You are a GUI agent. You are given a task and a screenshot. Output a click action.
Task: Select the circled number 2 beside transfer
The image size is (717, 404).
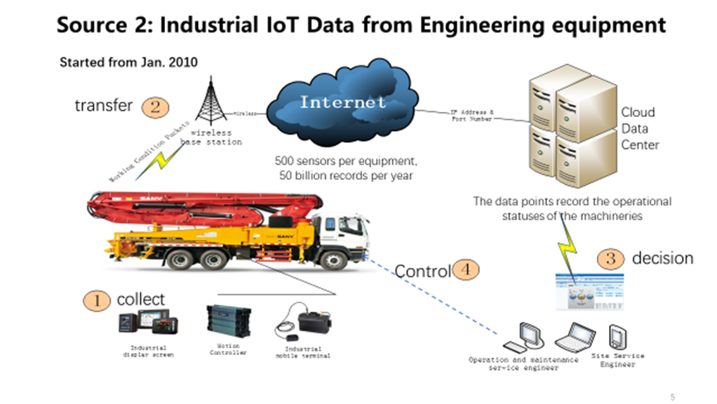tap(155, 107)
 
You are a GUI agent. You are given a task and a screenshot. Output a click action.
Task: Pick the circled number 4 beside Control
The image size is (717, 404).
tap(468, 270)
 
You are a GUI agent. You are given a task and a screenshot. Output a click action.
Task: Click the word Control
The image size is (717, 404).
tap(423, 271)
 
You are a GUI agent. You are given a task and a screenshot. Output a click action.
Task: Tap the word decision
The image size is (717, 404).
tap(662, 258)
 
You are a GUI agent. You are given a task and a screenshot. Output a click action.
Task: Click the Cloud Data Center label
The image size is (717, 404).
tap(640, 129)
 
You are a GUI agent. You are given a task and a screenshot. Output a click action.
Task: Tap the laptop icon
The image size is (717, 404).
tap(574, 336)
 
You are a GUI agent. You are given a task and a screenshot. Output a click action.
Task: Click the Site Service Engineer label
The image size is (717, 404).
tap(618, 360)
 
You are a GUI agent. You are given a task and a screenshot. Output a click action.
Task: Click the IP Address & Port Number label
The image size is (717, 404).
tap(472, 115)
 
